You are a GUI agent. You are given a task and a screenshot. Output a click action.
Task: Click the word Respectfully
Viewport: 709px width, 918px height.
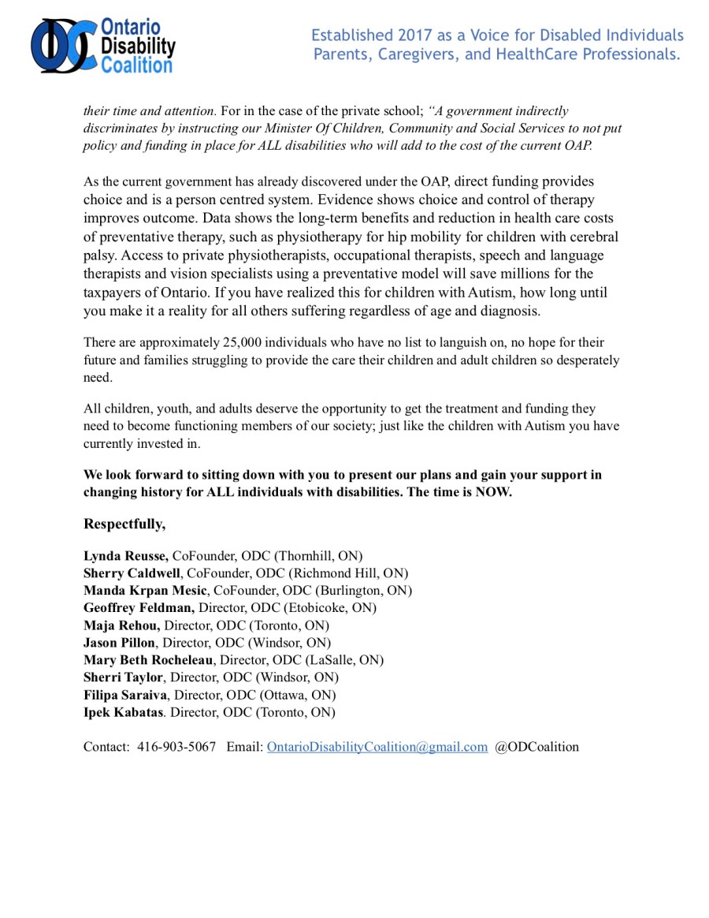coord(124,524)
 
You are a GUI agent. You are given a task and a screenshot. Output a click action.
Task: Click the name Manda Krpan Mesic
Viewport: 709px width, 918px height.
coord(145,591)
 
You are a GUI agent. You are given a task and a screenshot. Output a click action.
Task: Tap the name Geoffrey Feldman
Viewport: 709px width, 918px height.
coord(139,608)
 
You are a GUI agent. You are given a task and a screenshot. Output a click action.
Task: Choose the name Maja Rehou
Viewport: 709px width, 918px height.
coord(121,625)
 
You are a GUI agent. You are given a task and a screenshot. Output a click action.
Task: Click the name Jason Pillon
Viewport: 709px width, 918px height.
coord(119,643)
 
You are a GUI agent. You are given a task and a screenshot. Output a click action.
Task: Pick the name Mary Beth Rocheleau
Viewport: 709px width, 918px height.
coord(150,660)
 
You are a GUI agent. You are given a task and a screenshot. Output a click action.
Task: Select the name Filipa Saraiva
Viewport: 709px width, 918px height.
coord(125,695)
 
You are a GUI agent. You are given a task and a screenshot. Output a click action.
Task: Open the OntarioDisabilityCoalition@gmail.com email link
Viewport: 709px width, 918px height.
coord(377,747)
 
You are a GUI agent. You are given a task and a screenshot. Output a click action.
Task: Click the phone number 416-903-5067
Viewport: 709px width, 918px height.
coord(176,747)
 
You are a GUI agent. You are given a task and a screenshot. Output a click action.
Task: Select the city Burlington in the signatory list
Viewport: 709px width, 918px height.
coord(358,591)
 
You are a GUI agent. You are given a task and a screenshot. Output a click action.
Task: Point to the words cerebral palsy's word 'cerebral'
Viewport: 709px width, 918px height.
coord(594,237)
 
